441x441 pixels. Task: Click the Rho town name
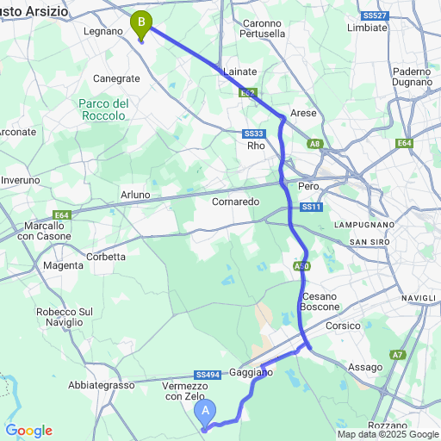pos(256,146)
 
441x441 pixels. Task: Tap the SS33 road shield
pos(253,133)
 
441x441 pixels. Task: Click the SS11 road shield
pos(311,208)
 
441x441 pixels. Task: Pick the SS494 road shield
pos(208,375)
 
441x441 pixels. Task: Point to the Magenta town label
pos(63,265)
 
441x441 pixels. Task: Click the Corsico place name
pos(342,326)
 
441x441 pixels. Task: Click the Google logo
pos(28,431)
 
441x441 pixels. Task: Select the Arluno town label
pos(135,196)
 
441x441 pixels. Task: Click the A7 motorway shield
pos(397,354)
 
